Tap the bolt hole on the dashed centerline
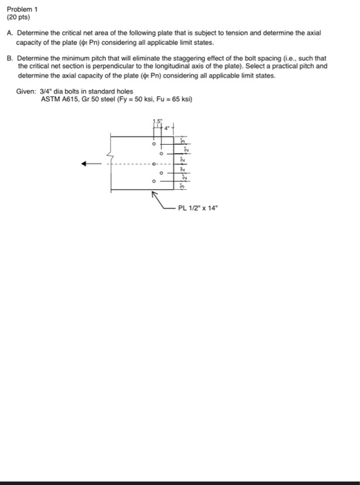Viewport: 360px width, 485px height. pos(154,164)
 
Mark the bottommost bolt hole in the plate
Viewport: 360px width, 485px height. pos(154,182)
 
